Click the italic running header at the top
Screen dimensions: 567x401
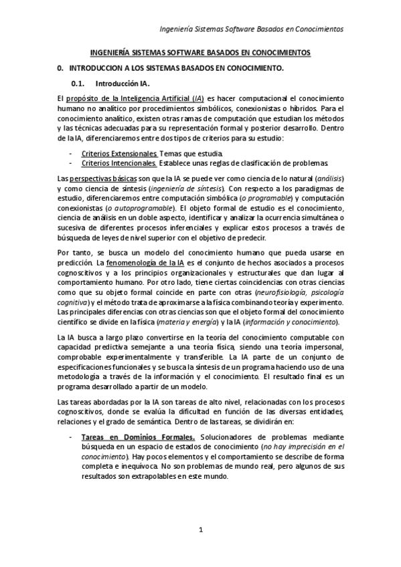tap(250, 29)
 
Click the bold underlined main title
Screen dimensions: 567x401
tap(200, 52)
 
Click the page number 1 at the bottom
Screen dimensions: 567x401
tap(200, 530)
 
